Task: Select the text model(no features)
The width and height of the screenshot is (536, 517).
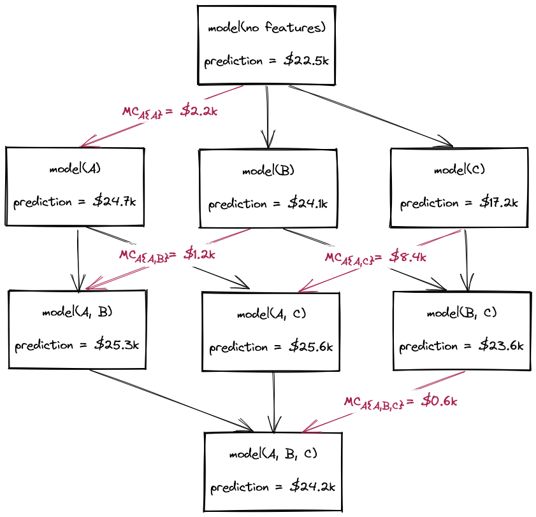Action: tap(266, 28)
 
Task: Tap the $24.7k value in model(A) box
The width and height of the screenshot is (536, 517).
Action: tap(115, 202)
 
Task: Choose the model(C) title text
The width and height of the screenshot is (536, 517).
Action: tap(459, 170)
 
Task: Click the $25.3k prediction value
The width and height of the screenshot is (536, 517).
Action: tap(117, 345)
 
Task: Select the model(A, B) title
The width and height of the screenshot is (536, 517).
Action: tap(77, 312)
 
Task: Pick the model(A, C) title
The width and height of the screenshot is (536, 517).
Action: tap(270, 314)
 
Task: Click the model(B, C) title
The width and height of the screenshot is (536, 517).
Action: tap(461, 313)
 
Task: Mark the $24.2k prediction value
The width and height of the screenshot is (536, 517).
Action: tap(312, 487)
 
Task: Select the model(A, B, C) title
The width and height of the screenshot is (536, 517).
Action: tap(273, 454)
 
